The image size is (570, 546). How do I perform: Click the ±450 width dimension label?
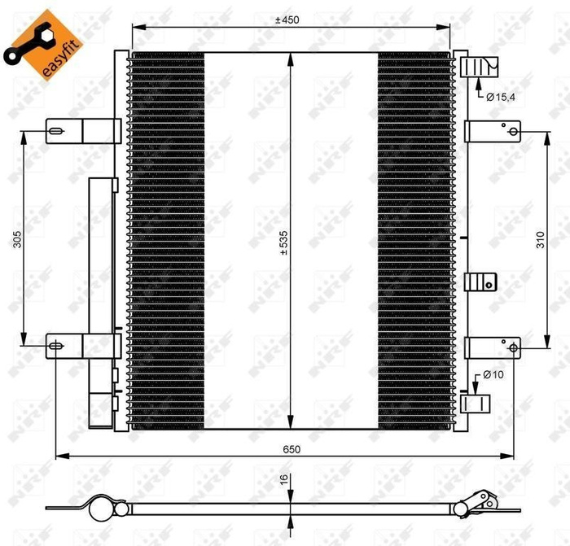click(291, 20)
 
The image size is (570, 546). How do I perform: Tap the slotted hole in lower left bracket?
click(55, 346)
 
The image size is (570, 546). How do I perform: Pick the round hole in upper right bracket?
click(513, 131)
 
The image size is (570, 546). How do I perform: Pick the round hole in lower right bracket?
click(513, 347)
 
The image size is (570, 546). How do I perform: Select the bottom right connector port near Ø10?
click(475, 404)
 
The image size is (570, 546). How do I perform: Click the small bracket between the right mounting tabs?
click(480, 282)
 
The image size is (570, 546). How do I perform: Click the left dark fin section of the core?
click(167, 241)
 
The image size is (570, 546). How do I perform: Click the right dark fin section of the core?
click(414, 241)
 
